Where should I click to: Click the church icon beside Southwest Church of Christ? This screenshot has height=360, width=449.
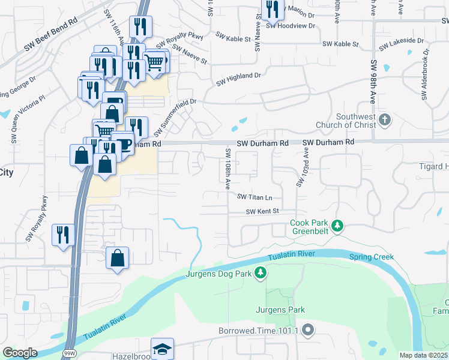[x=385, y=121]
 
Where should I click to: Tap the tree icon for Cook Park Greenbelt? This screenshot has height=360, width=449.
[x=338, y=226]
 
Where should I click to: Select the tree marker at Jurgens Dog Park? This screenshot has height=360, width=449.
[x=260, y=274]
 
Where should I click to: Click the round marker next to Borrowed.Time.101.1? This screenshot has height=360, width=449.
[x=309, y=329]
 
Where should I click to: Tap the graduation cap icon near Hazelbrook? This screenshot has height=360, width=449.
[x=163, y=349]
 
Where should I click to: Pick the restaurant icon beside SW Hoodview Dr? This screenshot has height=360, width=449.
[x=273, y=11]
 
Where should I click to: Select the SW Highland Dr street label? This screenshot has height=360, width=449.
[x=239, y=79]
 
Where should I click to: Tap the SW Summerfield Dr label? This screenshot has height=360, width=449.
[x=175, y=118]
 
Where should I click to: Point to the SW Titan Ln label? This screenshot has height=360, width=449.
[x=255, y=197]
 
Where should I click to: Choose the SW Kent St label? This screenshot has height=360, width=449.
[x=262, y=211]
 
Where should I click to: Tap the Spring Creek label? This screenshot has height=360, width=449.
[x=372, y=257]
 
